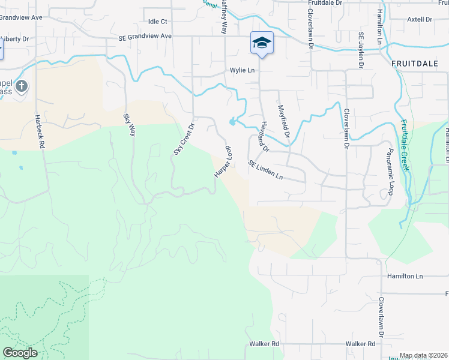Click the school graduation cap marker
tap(262, 43)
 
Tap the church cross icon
tap(22, 86)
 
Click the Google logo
tap(20, 353)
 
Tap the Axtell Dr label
tap(420, 19)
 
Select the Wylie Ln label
tap(243, 70)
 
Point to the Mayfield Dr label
tap(283, 122)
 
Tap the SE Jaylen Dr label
tap(362, 49)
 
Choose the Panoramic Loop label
tap(390, 172)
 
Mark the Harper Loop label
tap(222, 161)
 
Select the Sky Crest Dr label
tap(184, 139)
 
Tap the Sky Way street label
tap(130, 125)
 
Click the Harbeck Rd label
tap(39, 132)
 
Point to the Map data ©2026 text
tap(423, 355)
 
